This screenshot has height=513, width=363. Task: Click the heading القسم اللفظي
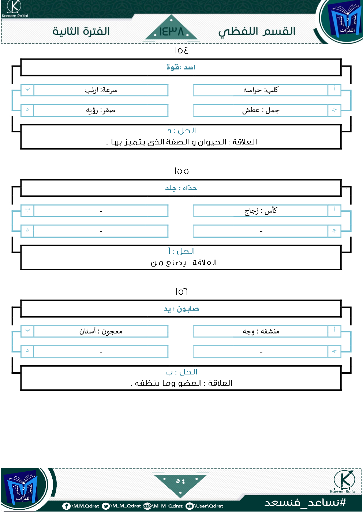click(257, 32)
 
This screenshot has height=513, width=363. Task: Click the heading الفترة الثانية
click(81, 31)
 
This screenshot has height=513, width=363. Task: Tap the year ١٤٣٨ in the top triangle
click(171, 31)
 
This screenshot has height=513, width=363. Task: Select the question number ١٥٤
click(181, 50)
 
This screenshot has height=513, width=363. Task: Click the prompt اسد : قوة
click(181, 67)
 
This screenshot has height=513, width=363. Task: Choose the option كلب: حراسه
click(261, 90)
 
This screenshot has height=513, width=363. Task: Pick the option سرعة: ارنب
click(101, 90)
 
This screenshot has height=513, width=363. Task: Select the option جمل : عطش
click(261, 110)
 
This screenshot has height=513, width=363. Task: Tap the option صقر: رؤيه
click(101, 111)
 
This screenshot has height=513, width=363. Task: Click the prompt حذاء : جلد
click(181, 188)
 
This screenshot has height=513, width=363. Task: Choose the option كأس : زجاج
click(261, 211)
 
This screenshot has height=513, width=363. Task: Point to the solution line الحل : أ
click(181, 251)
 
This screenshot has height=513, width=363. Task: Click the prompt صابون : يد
click(181, 309)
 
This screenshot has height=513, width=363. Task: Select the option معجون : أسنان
click(101, 331)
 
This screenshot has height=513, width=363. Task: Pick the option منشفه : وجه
click(261, 331)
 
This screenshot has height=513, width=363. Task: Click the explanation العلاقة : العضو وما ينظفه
click(181, 383)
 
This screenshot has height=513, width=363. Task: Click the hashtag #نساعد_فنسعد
click(305, 502)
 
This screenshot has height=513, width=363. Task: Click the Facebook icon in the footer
click(66, 506)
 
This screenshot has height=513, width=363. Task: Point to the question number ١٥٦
click(181, 292)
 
